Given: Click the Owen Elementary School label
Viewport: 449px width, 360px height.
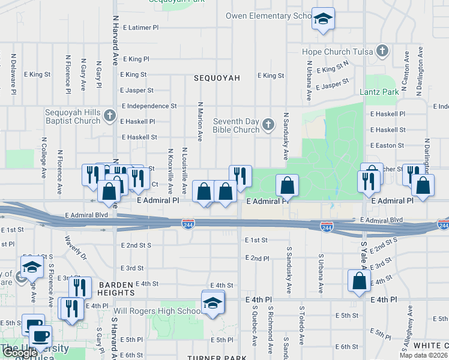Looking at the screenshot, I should coord(268,16).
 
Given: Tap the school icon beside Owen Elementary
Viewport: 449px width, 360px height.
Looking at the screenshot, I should coord(323,19).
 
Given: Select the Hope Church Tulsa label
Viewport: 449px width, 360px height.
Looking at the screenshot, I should coord(338,52).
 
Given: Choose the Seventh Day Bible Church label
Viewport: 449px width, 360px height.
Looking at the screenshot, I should coord(237,126).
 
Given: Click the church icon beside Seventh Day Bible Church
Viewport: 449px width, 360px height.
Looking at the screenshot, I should coord(268,125).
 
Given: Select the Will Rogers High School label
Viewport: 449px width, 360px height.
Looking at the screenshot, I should coord(163,311).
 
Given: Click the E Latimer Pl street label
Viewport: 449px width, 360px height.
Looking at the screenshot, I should coord(140,28).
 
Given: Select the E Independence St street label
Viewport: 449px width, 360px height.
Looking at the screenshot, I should coord(149,106).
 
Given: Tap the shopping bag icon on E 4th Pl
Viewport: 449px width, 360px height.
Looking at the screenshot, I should coord(359,281).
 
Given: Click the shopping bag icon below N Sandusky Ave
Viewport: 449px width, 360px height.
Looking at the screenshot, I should coord(288,185).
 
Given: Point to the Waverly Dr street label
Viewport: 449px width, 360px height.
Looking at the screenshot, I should coord(76,246).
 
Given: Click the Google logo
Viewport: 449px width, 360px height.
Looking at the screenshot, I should coord(20,353).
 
